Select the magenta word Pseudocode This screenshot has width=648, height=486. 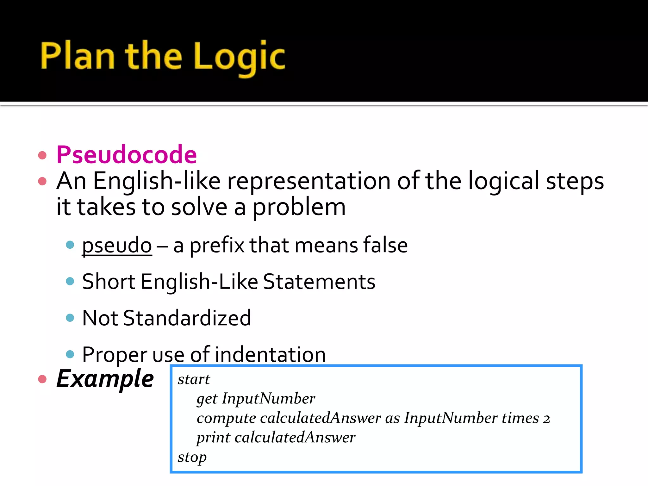127,155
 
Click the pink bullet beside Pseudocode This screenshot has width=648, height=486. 42,155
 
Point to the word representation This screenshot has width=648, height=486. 308,181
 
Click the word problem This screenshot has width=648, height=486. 299,208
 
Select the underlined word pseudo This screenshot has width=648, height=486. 117,246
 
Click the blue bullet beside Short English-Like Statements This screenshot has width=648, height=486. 70,281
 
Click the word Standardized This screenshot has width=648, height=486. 187,318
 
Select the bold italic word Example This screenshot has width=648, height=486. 105,379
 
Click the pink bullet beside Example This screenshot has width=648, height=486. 42,379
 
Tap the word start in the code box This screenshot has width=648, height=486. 194,379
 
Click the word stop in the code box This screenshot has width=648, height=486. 192,457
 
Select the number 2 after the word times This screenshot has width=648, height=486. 546,419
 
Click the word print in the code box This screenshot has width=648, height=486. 213,438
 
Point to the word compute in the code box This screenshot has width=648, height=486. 226,419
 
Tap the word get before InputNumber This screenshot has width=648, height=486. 207,399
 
